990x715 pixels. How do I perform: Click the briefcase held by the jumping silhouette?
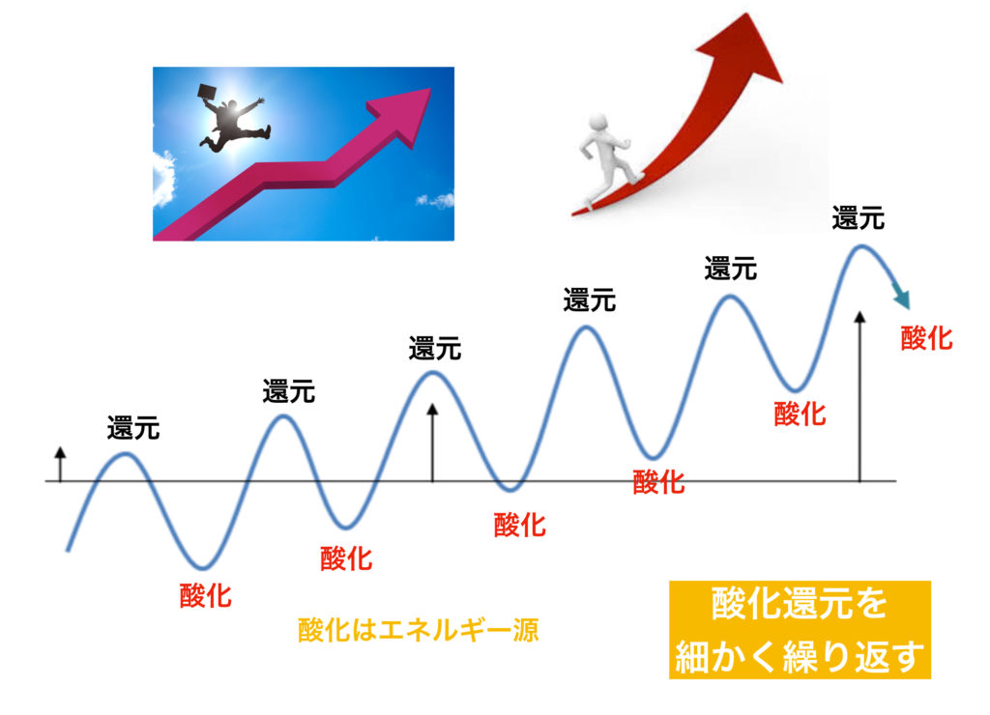pyautogui.click(x=207, y=92)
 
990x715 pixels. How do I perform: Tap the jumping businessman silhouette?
pyautogui.click(x=234, y=121)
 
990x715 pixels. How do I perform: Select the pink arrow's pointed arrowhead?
pyautogui.click(x=403, y=116)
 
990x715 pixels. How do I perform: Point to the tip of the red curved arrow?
pyautogui.click(x=749, y=14)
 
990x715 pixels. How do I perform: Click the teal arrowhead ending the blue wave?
pyautogui.click(x=902, y=296)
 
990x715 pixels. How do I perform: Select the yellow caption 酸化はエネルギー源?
pyautogui.click(x=418, y=630)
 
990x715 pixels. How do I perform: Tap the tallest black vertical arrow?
pyautogui.click(x=859, y=396)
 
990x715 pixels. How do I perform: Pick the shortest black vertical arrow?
pyautogui.click(x=60, y=465)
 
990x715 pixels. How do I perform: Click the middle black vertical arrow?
pyautogui.click(x=432, y=443)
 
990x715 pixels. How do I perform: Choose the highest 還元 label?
pyautogui.click(x=859, y=218)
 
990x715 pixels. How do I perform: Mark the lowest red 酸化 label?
pyautogui.click(x=206, y=595)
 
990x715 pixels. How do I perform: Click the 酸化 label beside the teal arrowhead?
pyautogui.click(x=926, y=338)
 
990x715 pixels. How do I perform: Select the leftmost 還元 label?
pyautogui.click(x=133, y=428)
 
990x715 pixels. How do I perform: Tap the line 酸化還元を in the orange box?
pyautogui.click(x=800, y=603)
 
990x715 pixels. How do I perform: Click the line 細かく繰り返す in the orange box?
pyautogui.click(x=800, y=656)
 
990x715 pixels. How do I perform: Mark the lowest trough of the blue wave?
pyautogui.click(x=202, y=567)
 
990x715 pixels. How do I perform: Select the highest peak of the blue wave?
pyautogui.click(x=859, y=246)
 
